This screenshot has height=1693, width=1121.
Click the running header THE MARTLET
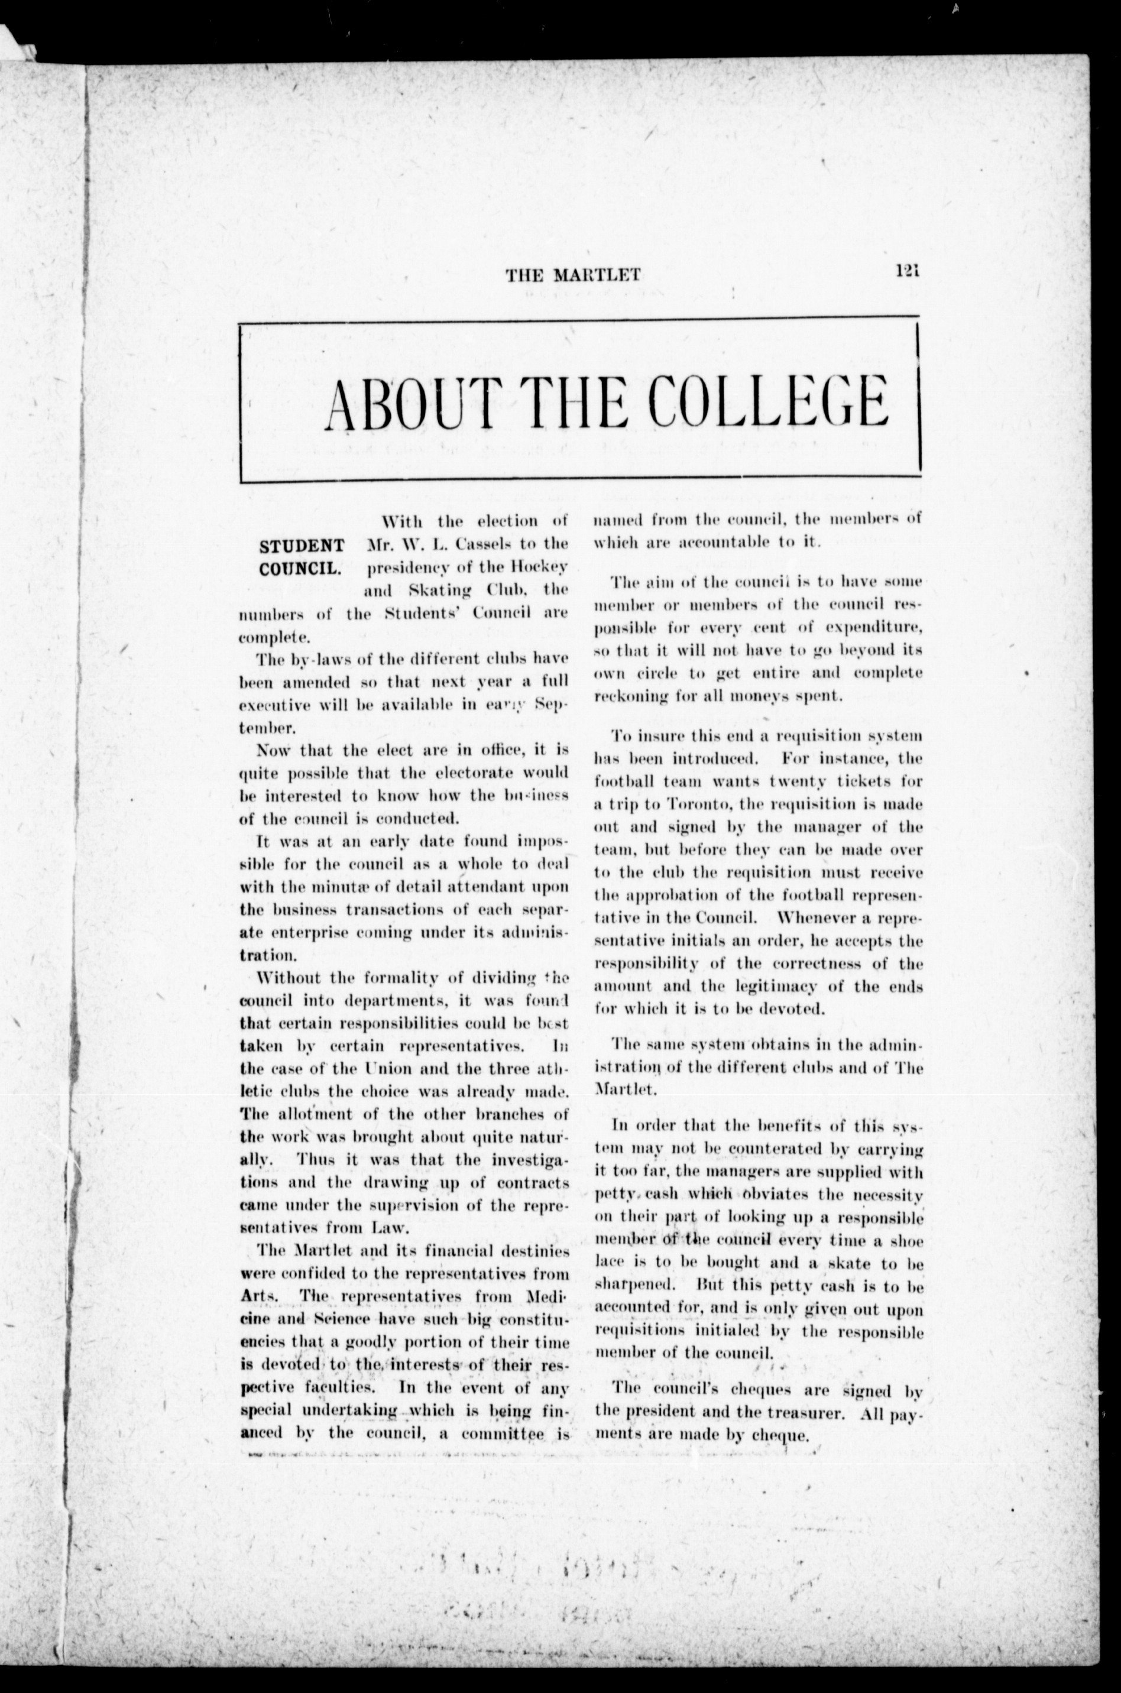573,274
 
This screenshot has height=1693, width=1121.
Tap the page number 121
906,271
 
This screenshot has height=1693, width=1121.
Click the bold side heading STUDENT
301,547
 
